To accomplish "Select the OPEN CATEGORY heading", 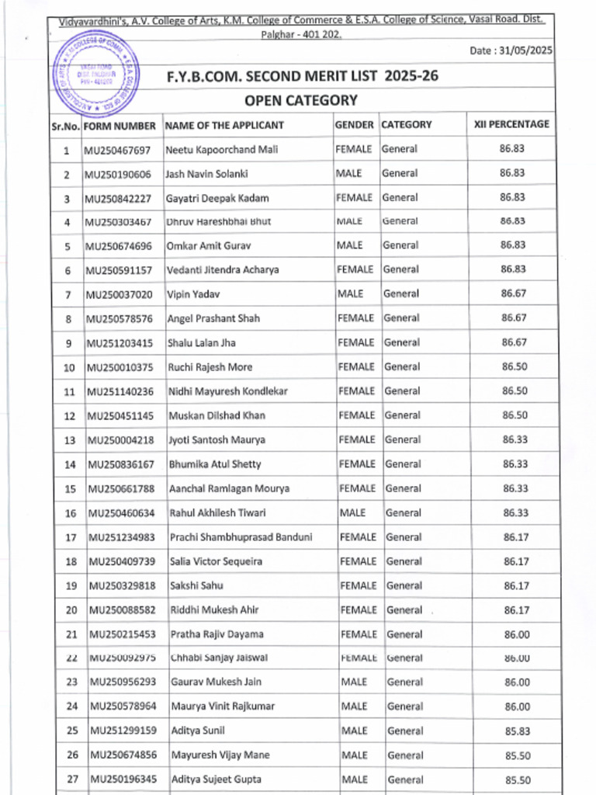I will (301, 100).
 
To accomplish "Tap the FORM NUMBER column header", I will (120, 125).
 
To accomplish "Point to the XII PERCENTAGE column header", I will (511, 124).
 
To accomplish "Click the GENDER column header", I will (355, 124).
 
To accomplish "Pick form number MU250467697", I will (118, 149).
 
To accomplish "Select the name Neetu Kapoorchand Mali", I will (221, 149).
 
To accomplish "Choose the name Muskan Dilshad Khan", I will (217, 415).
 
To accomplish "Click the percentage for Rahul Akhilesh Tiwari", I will (515, 512).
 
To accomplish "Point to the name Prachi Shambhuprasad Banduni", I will (241, 537).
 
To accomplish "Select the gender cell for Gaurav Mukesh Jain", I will (354, 682).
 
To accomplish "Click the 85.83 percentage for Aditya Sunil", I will (517, 731).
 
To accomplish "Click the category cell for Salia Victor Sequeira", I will (404, 561).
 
